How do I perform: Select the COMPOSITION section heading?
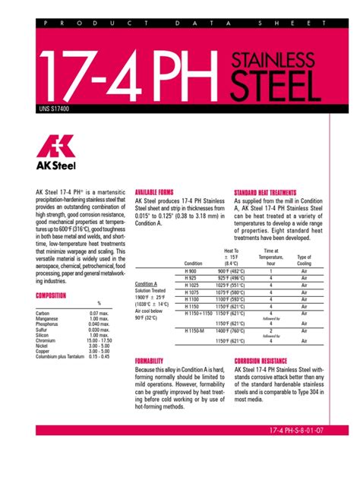coord(51,295)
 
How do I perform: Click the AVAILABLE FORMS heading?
coord(154,192)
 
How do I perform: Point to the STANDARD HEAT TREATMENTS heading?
coord(265,193)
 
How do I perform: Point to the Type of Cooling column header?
coord(305,260)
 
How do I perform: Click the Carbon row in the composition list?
coord(45,314)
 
